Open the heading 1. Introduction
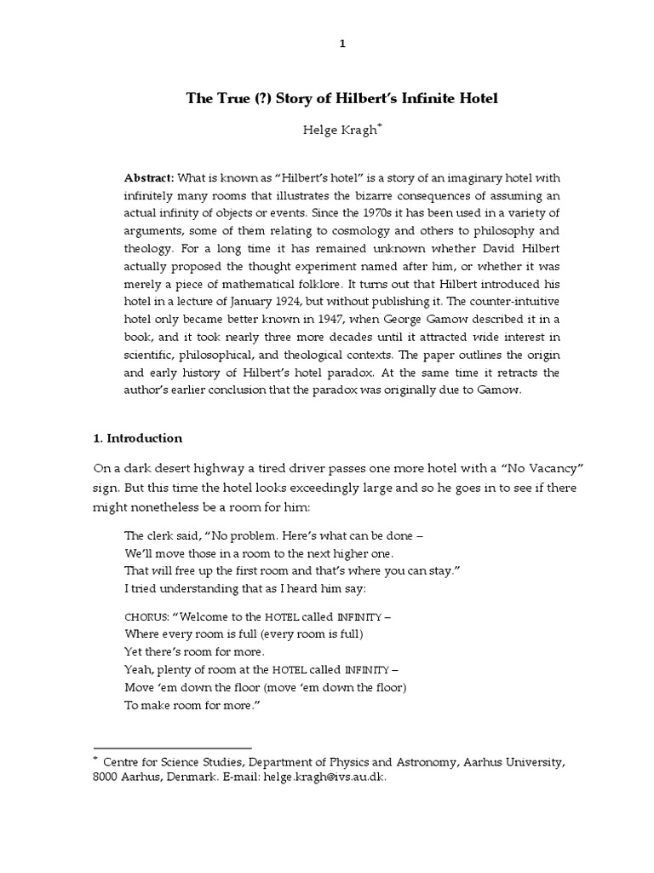pos(137,438)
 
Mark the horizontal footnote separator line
pos(172,747)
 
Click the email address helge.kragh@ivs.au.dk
pos(319,778)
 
